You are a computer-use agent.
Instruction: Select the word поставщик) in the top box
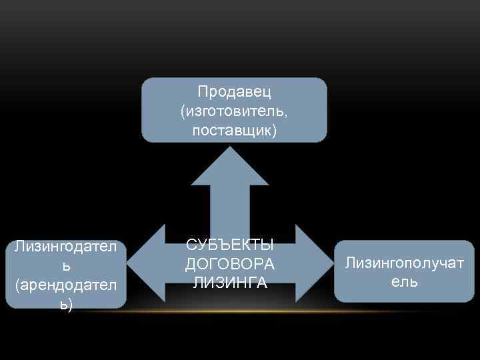(x=234, y=131)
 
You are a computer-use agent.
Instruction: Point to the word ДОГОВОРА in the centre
(x=230, y=264)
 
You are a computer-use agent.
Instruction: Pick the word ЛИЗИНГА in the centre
(x=230, y=283)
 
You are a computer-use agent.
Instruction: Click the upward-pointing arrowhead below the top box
(x=230, y=163)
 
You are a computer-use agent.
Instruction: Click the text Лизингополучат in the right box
(x=405, y=263)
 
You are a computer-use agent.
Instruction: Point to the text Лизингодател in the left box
(x=65, y=247)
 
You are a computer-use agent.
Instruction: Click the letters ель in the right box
(x=405, y=282)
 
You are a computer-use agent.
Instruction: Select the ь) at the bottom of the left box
(x=65, y=304)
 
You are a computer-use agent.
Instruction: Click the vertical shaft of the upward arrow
(x=230, y=207)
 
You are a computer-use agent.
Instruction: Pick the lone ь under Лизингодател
(x=65, y=266)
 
